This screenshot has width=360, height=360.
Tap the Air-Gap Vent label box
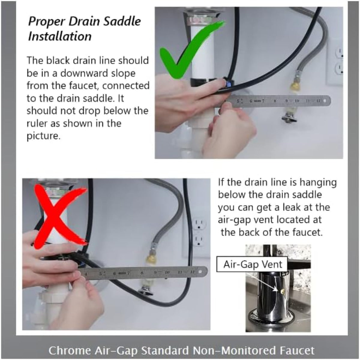252,264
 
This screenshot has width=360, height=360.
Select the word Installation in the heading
60,36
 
